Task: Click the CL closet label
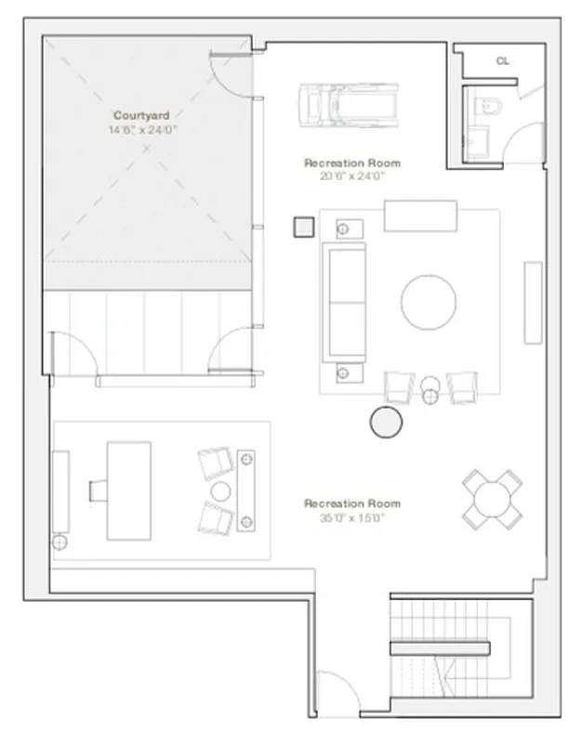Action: pyautogui.click(x=502, y=60)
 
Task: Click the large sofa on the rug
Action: pyautogui.click(x=344, y=302)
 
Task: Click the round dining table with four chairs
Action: pyautogui.click(x=493, y=499)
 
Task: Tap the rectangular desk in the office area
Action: pyautogui.click(x=128, y=489)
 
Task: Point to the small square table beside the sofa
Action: pyautogui.click(x=302, y=227)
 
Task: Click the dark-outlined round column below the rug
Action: pyautogui.click(x=387, y=423)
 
